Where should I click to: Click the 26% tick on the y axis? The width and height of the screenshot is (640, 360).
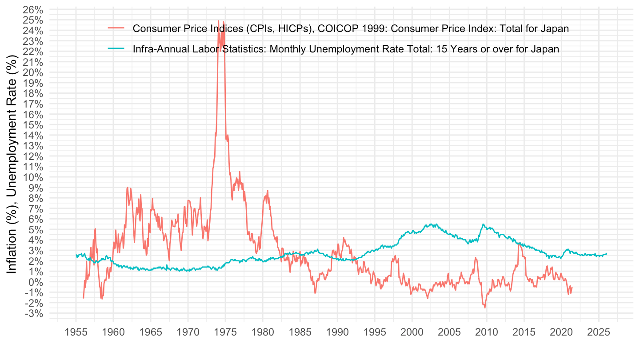point(33,9)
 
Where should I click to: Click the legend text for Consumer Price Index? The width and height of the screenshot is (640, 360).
point(351,28)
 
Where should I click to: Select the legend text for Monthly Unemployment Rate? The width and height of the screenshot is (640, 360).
point(345,49)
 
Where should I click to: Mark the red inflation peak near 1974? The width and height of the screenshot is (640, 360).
point(218,20)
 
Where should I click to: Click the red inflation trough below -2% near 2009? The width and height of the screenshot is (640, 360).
point(485,308)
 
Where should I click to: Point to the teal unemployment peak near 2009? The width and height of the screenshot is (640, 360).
point(483,224)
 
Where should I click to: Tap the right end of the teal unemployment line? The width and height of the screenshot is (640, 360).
point(607,254)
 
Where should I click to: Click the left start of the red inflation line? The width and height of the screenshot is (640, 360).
point(83,298)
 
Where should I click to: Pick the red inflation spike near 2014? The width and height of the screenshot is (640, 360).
point(519,244)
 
